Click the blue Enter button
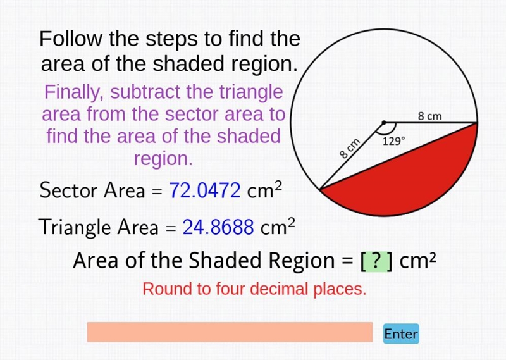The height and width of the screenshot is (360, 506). [401, 333]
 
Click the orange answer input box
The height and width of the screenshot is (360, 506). [230, 332]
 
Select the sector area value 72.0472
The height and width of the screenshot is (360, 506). [205, 190]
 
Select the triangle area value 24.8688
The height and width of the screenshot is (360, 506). [218, 227]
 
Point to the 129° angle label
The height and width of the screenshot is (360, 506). [393, 141]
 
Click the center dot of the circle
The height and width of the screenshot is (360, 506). [384, 123]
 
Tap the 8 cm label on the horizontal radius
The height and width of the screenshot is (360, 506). [430, 116]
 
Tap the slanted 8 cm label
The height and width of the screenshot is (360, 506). [350, 148]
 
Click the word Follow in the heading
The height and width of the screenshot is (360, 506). [70, 39]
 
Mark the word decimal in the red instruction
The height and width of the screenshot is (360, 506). [280, 289]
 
